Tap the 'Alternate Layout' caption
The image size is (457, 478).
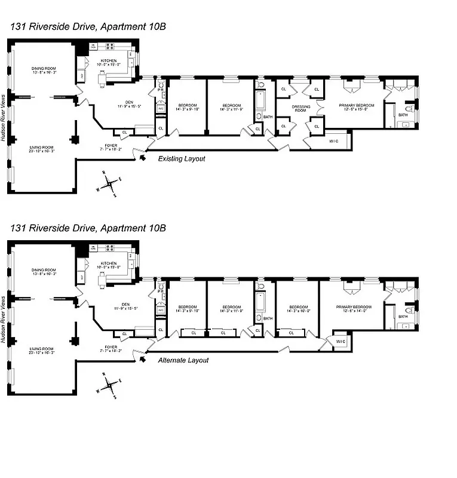pos(183,360)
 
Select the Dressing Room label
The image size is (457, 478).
pos(300,108)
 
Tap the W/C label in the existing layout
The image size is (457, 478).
pos(334,141)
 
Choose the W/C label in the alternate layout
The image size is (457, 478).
pos(340,342)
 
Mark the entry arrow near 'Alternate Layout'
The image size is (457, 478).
pos(142,360)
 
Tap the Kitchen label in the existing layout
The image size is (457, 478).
pos(109,61)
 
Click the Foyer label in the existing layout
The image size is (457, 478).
pos(111,145)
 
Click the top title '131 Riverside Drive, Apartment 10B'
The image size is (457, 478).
pos(87,26)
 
